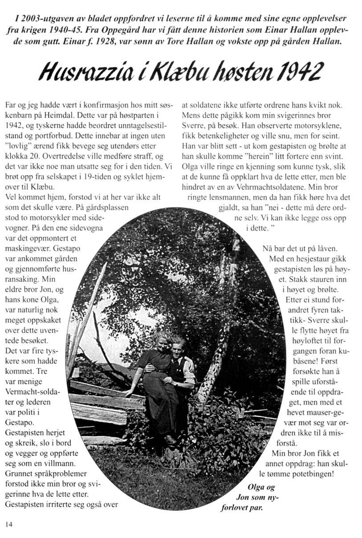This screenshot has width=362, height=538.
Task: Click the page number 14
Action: point(8,524)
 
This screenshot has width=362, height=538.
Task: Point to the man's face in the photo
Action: point(177,348)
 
